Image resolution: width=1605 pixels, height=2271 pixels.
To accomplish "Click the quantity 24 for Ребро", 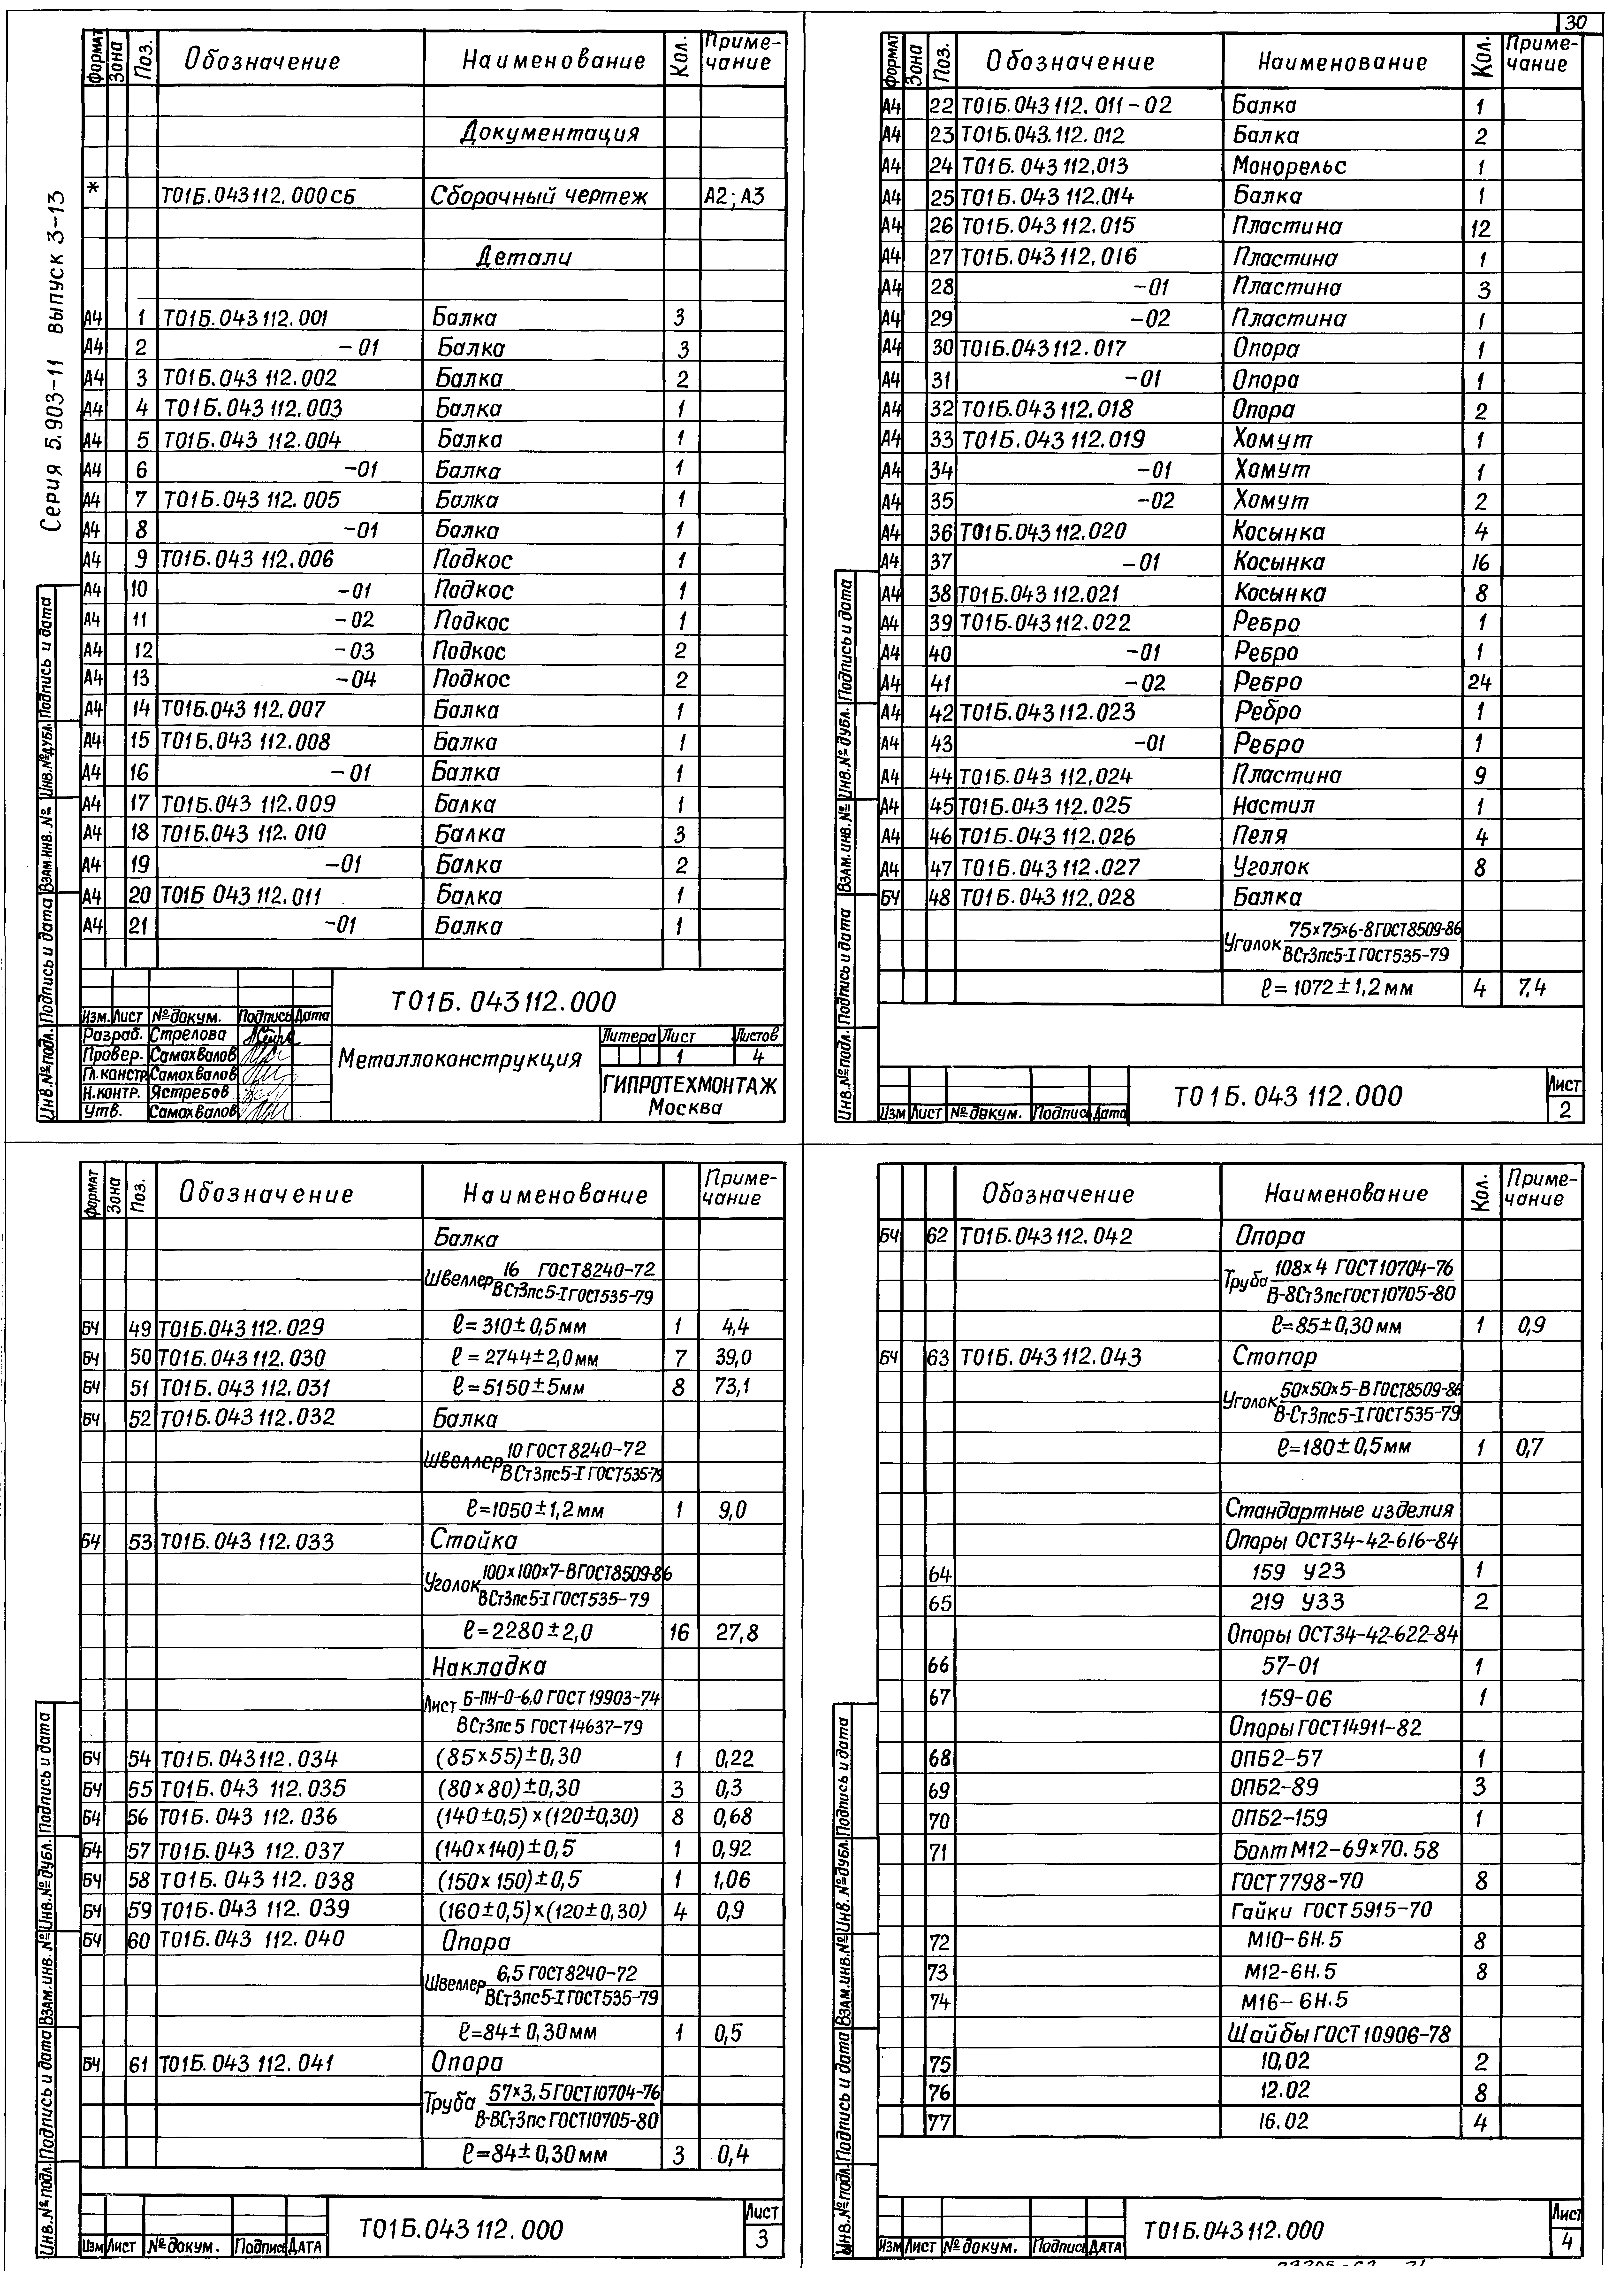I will click(1480, 682).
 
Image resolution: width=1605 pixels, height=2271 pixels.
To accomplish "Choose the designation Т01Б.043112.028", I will click(1048, 897).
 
